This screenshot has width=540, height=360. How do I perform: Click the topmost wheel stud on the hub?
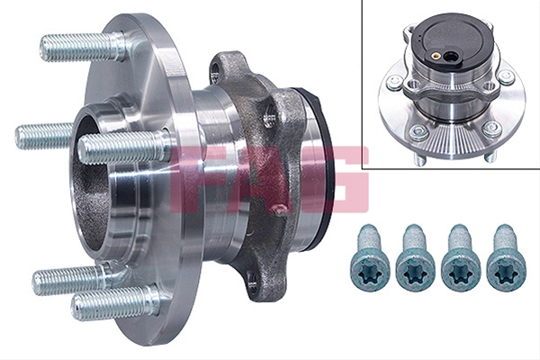[x=83, y=47]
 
